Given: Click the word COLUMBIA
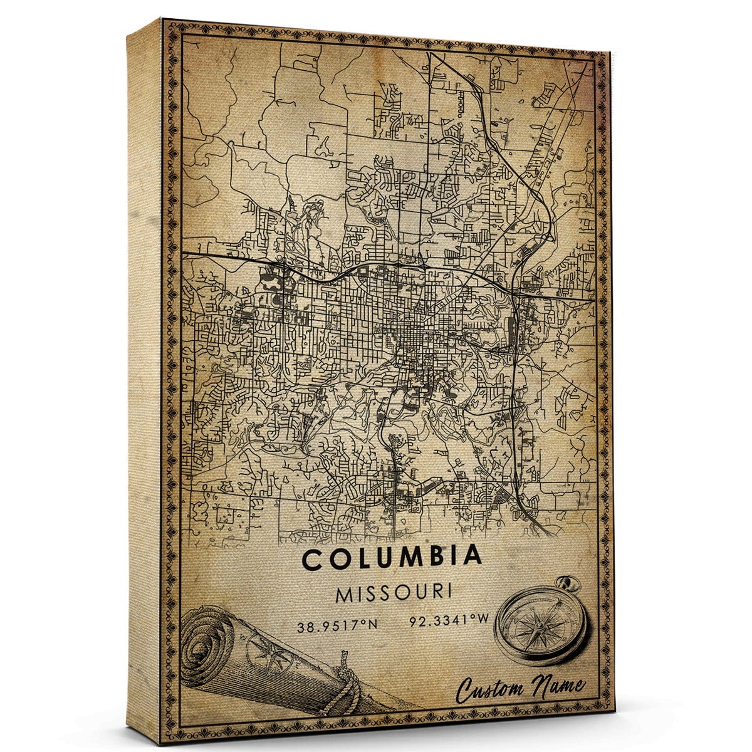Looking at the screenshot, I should (x=393, y=557).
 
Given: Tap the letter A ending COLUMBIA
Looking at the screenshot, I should (x=473, y=556).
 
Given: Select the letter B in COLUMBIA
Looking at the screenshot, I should (x=426, y=557).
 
